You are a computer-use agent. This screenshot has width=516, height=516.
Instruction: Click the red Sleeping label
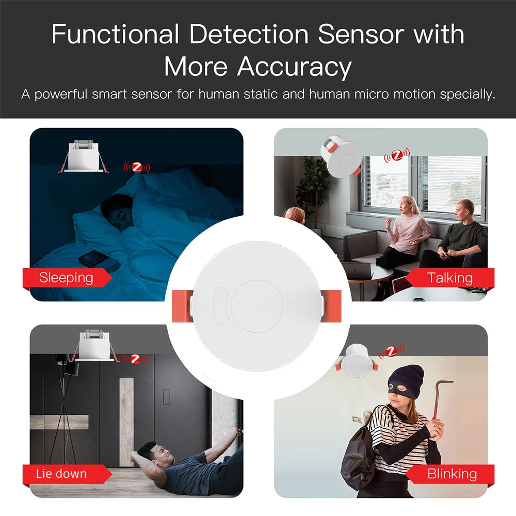point(67,278)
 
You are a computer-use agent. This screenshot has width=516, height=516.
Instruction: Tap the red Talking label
point(449,278)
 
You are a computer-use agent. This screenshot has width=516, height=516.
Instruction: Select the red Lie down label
point(67,474)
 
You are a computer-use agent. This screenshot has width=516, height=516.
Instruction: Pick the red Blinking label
point(449,474)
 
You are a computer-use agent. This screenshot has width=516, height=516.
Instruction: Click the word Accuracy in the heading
point(294,67)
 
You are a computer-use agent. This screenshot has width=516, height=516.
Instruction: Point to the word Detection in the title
point(249,34)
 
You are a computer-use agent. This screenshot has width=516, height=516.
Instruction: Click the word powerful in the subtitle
point(61,94)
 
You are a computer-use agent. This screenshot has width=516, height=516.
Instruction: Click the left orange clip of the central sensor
point(182,306)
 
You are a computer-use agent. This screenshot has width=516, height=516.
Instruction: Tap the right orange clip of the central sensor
point(331,305)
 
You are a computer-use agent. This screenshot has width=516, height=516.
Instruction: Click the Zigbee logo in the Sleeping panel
point(137,168)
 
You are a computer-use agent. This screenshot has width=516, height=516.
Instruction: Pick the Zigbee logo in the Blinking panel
point(391,351)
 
